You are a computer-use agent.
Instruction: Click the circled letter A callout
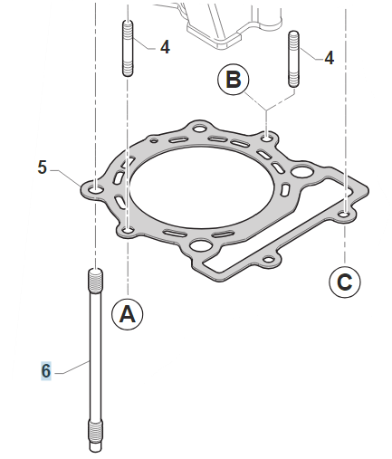128,315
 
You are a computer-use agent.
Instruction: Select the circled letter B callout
234,80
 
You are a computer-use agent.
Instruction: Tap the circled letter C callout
345,282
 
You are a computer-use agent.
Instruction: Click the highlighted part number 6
46,371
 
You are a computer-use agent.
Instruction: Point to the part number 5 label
43,167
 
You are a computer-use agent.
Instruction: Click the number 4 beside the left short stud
165,47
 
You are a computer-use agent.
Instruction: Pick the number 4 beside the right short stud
330,58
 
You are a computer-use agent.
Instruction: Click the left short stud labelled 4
128,48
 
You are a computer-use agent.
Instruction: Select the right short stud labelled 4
293,59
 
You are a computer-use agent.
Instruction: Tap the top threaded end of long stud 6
96,281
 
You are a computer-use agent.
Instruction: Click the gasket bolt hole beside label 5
96,190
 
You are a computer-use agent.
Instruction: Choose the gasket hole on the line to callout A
129,231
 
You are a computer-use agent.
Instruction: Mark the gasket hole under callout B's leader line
267,139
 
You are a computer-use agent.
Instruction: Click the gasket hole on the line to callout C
345,215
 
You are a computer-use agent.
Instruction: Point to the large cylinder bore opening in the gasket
202,186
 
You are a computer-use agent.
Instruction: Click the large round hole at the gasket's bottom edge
201,245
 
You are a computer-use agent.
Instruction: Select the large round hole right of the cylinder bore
302,172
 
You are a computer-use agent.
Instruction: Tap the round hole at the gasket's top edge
199,129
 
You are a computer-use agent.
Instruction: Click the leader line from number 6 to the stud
72,368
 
